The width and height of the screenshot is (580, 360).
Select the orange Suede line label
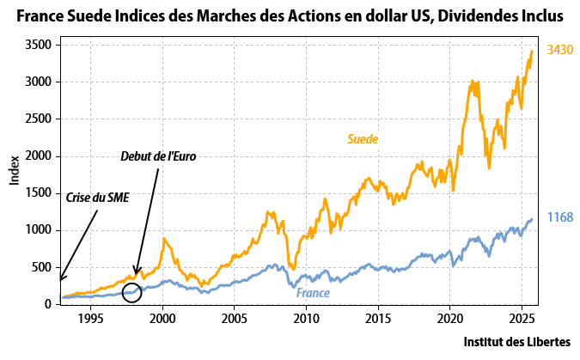pyautogui.click(x=363, y=138)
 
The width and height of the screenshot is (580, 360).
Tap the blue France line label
pyautogui.click(x=314, y=293)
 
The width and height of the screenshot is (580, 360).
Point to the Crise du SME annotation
pyautogui.click(x=97, y=198)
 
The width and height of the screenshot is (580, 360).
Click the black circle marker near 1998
pyautogui.click(x=131, y=293)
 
